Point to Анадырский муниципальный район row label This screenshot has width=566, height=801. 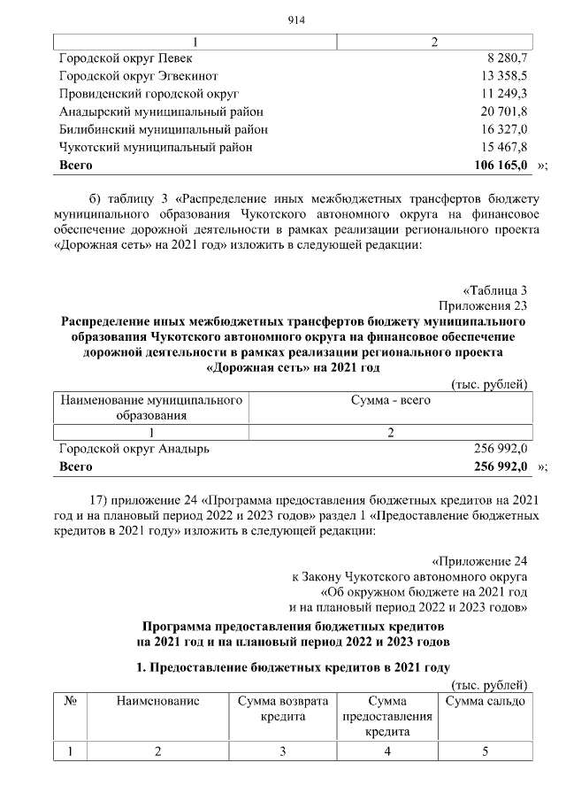(161, 112)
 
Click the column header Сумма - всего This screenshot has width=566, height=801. (390, 401)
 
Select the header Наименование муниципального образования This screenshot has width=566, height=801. (150, 408)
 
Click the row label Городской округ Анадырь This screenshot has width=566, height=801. (134, 449)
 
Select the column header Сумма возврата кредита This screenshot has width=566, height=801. (283, 708)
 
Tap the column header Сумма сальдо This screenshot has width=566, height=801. (485, 701)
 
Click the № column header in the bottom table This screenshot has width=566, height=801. (70, 701)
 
